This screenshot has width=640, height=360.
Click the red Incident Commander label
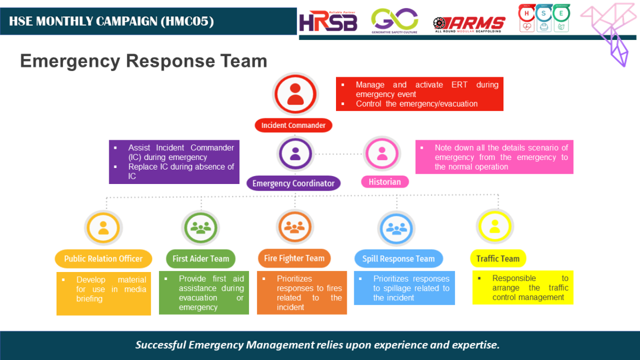pyautogui.click(x=293, y=125)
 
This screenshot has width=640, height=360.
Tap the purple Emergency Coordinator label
pyautogui.click(x=293, y=183)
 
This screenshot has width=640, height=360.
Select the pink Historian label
pyautogui.click(x=385, y=182)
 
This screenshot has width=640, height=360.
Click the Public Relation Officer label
pyautogui.click(x=103, y=259)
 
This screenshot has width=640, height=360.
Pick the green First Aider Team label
pyautogui.click(x=201, y=259)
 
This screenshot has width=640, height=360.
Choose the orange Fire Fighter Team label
pyautogui.click(x=294, y=258)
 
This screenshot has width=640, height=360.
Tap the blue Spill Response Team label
pyautogui.click(x=398, y=259)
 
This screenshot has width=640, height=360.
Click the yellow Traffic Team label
pyautogui.click(x=498, y=259)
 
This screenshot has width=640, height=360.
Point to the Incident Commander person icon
pyautogui.click(x=295, y=94)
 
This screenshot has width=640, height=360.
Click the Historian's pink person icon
pyautogui.click(x=382, y=154)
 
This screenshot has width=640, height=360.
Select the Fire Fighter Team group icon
pyautogui.click(x=294, y=226)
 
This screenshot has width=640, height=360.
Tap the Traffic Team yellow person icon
pyautogui.click(x=494, y=227)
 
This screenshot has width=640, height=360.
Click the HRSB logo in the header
pyautogui.click(x=328, y=22)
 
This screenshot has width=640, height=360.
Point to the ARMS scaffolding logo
pyautogui.click(x=469, y=23)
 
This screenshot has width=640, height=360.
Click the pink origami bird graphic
pyautogui.click(x=611, y=32)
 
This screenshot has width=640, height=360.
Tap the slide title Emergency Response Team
pyautogui.click(x=143, y=61)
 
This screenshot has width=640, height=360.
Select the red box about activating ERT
pyautogui.click(x=420, y=94)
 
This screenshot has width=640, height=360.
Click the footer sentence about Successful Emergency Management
pyautogui.click(x=317, y=345)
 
